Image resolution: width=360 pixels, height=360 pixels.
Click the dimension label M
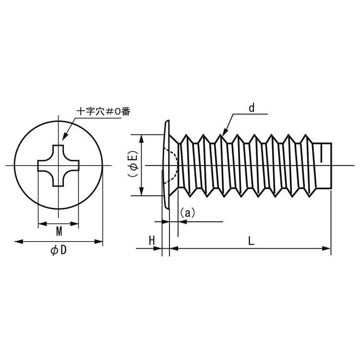click(59, 231)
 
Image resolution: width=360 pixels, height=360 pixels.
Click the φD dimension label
click(59, 250)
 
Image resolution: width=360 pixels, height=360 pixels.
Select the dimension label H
click(152, 241)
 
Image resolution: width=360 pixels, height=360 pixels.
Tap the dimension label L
click(251, 241)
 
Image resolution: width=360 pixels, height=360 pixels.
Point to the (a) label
click(188, 213)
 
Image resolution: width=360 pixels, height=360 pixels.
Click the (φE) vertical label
click(133, 164)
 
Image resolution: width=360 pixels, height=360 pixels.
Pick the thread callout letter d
click(252, 108)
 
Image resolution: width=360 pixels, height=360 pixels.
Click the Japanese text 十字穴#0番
click(104, 111)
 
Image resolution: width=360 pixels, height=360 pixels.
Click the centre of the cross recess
click(59, 165)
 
